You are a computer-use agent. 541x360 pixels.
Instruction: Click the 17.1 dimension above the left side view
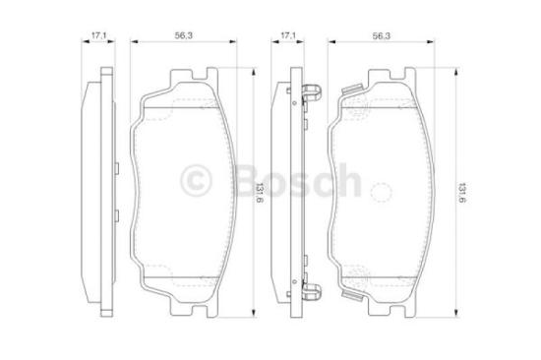(97, 36)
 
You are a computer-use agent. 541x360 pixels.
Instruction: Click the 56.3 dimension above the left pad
(182, 36)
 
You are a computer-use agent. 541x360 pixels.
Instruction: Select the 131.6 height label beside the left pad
(259, 189)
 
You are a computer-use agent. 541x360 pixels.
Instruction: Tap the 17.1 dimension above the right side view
(288, 36)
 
